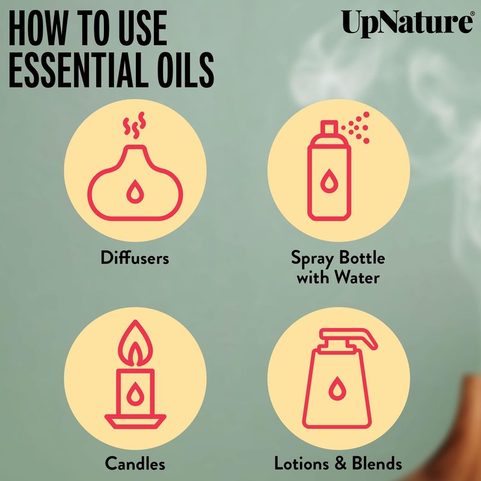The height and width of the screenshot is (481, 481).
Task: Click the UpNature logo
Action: (408, 23)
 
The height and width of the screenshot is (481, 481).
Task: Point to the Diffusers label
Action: (135, 257)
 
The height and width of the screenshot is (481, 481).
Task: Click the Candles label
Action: (135, 463)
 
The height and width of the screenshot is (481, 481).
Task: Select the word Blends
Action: (377, 463)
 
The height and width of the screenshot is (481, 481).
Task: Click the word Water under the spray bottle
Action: (357, 277)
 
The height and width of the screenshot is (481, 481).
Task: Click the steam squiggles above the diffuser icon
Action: (134, 126)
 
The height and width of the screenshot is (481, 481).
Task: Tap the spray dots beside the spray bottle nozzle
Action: (357, 127)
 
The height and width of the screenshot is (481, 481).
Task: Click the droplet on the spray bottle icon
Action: (329, 181)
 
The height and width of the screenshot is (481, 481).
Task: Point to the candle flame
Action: (135, 343)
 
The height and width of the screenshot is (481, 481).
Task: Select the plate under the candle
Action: (135, 421)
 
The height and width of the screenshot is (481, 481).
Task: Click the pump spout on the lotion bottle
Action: (349, 337)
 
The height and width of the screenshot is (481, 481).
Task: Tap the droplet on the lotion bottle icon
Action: (337, 388)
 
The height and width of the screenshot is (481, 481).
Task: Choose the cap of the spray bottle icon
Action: (329, 127)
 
